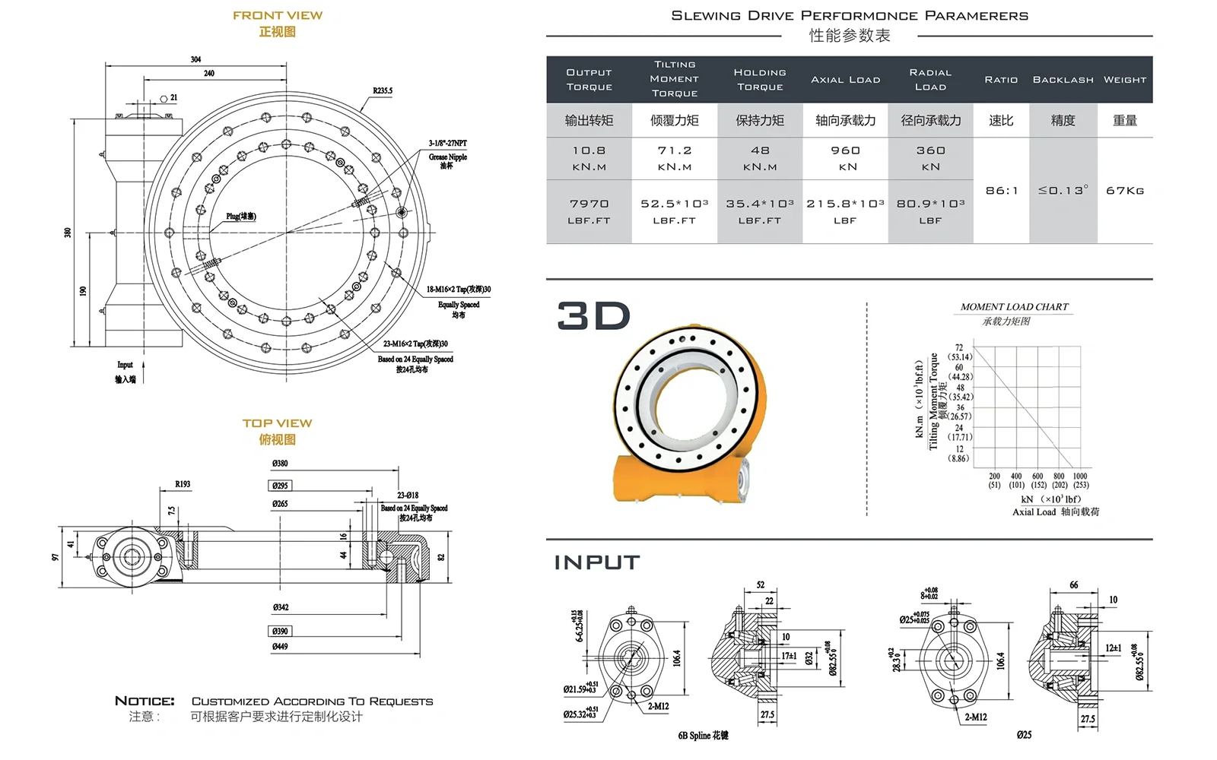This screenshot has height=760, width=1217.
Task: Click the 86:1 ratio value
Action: pyautogui.click(x=1001, y=191)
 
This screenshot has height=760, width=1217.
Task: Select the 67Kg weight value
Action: pyautogui.click(x=1124, y=191)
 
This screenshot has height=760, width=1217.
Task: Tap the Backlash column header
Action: pyautogui.click(x=1063, y=80)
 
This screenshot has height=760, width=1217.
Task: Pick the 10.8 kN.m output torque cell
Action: pyautogui.click(x=589, y=158)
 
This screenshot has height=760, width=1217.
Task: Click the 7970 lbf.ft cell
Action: pyautogui.click(x=589, y=211)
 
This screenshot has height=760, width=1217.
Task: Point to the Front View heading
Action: pyautogui.click(x=278, y=15)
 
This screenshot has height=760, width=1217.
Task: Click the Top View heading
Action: pyautogui.click(x=278, y=423)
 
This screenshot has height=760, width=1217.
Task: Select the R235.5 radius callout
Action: pyautogui.click(x=383, y=91)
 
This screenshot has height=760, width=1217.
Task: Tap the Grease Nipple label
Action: pyautogui.click(x=448, y=157)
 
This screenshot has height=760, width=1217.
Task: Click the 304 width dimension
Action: pyautogui.click(x=195, y=59)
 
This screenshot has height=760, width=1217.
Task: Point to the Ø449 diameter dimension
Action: pyautogui.click(x=280, y=647)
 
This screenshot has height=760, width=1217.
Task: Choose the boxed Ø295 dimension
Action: pyautogui.click(x=280, y=486)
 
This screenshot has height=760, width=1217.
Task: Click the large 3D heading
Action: pyautogui.click(x=593, y=316)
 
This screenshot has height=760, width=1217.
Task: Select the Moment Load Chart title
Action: pyautogui.click(x=1014, y=307)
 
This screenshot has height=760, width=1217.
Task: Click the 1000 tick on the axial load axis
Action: pyautogui.click(x=1080, y=477)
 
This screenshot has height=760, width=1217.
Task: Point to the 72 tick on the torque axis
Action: pyautogui.click(x=959, y=348)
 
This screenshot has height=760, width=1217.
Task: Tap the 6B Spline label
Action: pyautogui.click(x=703, y=736)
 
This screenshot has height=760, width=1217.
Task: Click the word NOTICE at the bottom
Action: pyautogui.click(x=145, y=701)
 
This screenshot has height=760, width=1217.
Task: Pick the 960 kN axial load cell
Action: pyautogui.click(x=845, y=158)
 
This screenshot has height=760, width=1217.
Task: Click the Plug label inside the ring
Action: pyautogui.click(x=241, y=217)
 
